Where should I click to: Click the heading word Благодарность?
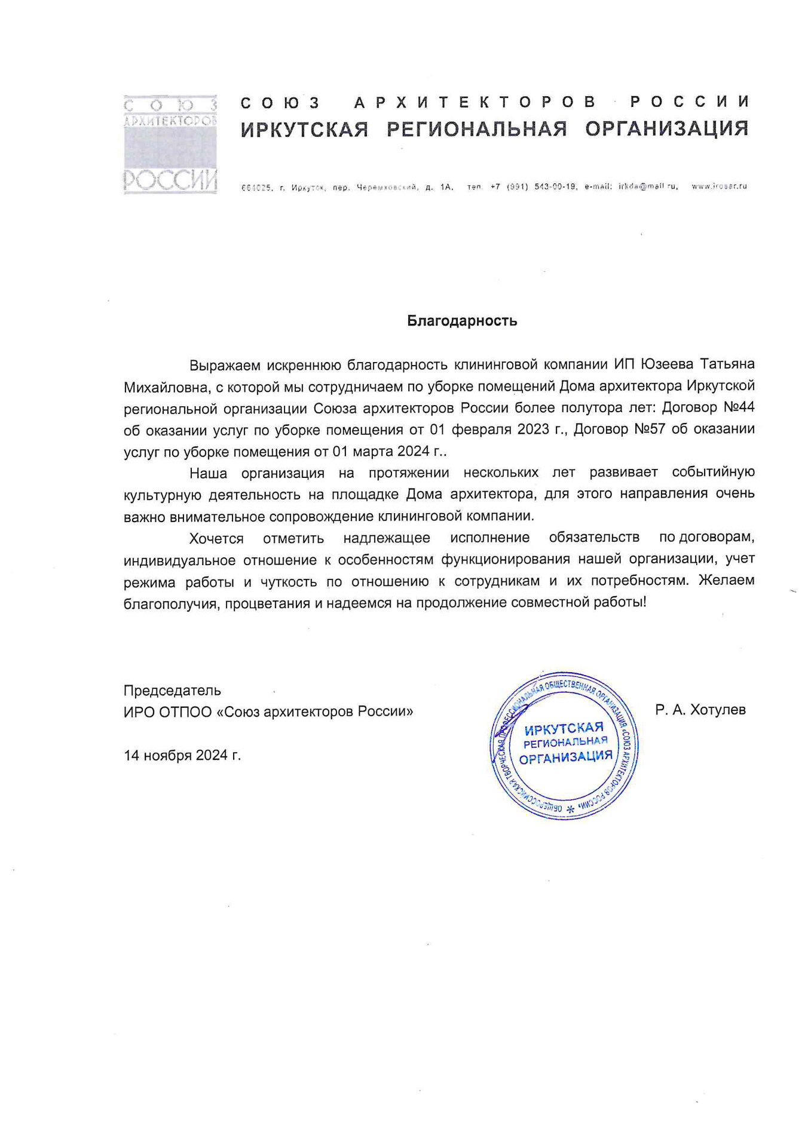(x=461, y=321)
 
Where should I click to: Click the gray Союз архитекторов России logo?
(x=170, y=144)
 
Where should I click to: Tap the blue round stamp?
(x=564, y=744)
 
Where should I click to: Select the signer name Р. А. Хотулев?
(x=700, y=710)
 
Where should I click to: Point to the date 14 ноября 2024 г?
(x=182, y=756)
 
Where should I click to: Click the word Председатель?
(x=172, y=691)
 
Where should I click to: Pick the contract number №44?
(x=739, y=408)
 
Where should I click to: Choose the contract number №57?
(x=649, y=430)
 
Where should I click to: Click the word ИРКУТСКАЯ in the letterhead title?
(x=304, y=129)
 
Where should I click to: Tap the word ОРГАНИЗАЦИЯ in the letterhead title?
(x=666, y=128)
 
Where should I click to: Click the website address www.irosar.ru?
(x=719, y=187)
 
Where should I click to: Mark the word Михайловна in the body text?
(x=166, y=387)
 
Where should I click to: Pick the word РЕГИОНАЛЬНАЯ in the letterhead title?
(x=476, y=129)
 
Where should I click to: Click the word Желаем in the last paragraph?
(x=726, y=581)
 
